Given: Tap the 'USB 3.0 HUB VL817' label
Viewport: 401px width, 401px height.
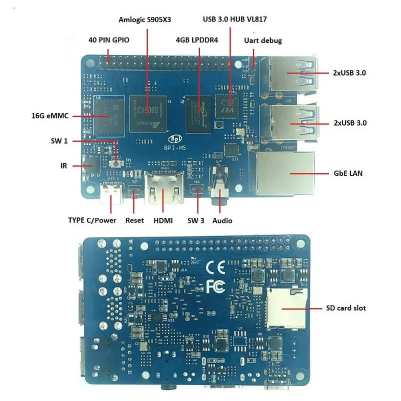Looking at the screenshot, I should (234, 19).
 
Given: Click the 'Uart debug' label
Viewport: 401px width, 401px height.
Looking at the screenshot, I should (262, 40).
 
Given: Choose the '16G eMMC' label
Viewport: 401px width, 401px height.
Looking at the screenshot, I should (48, 116).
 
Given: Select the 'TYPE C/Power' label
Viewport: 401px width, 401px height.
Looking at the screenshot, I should (92, 220).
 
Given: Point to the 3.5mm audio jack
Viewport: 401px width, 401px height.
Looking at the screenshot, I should (219, 187).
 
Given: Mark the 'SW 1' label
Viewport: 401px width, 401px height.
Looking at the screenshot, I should (59, 141).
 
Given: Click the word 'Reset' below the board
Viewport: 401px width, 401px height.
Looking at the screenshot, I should (134, 220).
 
